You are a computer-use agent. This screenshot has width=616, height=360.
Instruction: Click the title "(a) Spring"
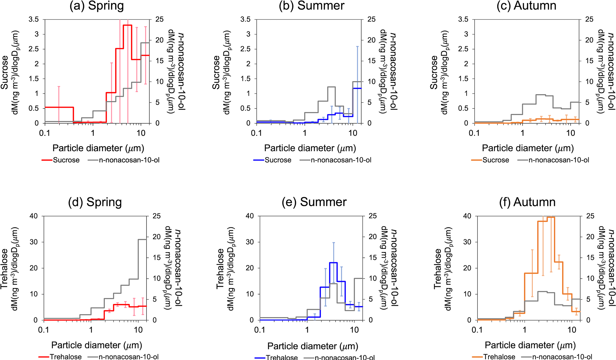[97, 6]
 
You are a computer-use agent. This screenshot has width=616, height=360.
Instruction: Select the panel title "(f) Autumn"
[527, 202]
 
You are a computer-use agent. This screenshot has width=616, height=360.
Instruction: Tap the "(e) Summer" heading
[314, 202]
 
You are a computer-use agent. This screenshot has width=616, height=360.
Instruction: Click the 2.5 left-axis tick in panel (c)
[463, 49]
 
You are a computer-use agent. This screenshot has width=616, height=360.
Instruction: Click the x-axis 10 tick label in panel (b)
[353, 133]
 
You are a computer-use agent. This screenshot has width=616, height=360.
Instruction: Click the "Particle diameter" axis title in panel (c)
[528, 148]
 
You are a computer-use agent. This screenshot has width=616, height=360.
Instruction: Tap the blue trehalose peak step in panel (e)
[333, 263]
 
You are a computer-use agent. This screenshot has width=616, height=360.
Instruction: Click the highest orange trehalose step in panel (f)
[551, 217]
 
